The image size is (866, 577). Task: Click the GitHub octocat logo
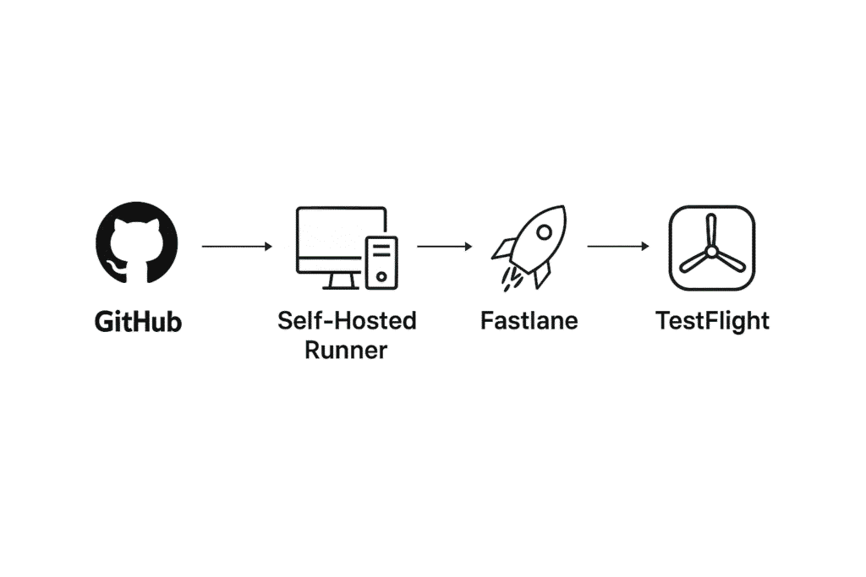coord(137,242)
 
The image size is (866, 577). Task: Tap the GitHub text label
coord(138,322)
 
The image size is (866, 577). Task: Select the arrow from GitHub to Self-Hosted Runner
coord(237,246)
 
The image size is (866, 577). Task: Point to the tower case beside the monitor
coord(381,262)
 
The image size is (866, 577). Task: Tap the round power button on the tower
coord(381,275)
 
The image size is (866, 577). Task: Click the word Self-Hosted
coord(347,320)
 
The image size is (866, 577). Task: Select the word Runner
coord(346,351)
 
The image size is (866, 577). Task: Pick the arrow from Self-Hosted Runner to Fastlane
coord(445,246)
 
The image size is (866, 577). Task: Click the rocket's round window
coord(544,231)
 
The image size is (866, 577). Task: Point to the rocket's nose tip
coord(564,208)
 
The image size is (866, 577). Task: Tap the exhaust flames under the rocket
coord(512,279)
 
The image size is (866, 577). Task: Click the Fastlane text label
coord(529,320)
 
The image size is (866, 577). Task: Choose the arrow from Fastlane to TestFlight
coord(618,246)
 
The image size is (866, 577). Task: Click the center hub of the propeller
coord(711,252)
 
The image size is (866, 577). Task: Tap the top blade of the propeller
coord(711,231)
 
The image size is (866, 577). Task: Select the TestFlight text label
coord(712,321)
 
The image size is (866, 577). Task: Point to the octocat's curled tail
coord(115,267)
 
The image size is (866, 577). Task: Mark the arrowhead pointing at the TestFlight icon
coord(645,246)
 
